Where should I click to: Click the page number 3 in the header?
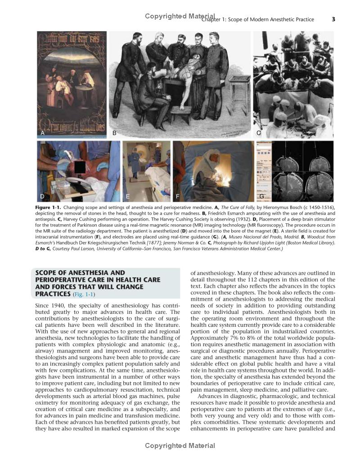click(x=333, y=19)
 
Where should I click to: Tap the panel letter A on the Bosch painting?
click(x=43, y=133)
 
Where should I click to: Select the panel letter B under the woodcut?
click(x=114, y=133)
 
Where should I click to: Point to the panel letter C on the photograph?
click(x=259, y=133)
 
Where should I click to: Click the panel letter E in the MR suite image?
click(x=128, y=196)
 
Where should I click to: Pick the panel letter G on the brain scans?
click(x=261, y=196)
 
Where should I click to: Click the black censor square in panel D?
click(x=79, y=167)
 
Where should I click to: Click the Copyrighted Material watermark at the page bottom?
click(x=180, y=446)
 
